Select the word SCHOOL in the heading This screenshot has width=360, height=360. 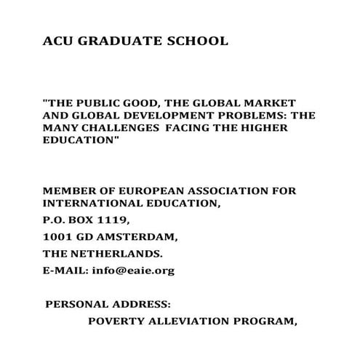click(x=195, y=41)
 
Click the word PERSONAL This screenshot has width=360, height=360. click(x=76, y=304)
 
